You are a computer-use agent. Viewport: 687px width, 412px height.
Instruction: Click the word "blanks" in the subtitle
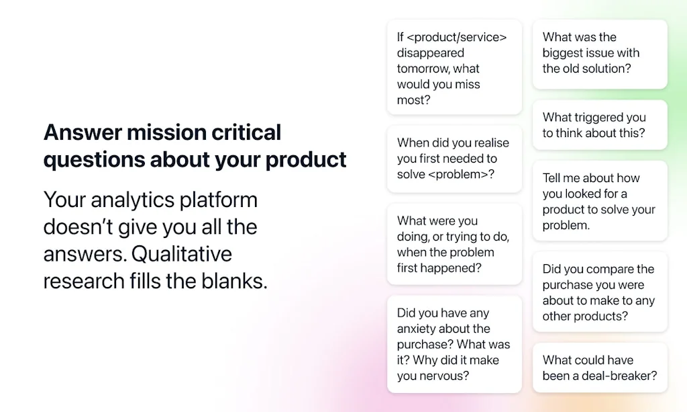click(232, 280)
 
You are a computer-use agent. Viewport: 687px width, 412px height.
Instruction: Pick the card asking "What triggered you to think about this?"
click(600, 125)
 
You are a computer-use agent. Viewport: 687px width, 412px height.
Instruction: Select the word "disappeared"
click(430, 53)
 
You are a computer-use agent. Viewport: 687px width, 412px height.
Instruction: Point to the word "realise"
click(488, 142)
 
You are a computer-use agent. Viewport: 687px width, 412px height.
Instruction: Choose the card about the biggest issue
click(600, 53)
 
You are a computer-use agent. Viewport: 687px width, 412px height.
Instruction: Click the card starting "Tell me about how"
click(600, 201)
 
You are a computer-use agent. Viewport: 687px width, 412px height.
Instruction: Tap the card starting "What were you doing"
click(454, 244)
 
